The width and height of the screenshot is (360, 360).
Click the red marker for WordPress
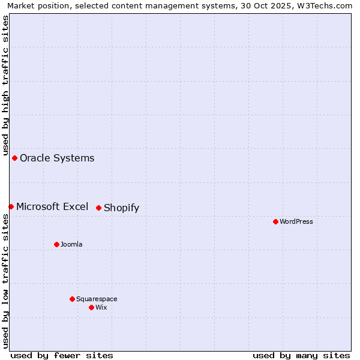[x=275, y=221]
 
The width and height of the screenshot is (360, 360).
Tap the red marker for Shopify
[x=99, y=208]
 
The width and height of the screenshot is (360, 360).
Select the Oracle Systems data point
[x=15, y=158]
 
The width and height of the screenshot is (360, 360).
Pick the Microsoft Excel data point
[x=11, y=206]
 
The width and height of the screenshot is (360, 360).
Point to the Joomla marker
[x=57, y=244]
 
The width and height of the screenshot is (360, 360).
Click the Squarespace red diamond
[x=72, y=299]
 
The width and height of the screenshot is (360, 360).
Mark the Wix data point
[x=91, y=307]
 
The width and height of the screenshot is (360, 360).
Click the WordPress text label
[x=296, y=221]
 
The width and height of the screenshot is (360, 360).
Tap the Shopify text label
[x=121, y=208]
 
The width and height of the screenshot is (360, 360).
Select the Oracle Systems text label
[x=57, y=158]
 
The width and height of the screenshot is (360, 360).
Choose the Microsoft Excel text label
[x=52, y=206]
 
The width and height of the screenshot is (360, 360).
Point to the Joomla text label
[x=71, y=244]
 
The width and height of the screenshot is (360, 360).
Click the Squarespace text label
[x=97, y=299]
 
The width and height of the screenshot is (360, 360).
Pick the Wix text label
[x=101, y=307]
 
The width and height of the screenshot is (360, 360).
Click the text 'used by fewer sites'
[x=62, y=355]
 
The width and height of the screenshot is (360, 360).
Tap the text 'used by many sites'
[x=301, y=355]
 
